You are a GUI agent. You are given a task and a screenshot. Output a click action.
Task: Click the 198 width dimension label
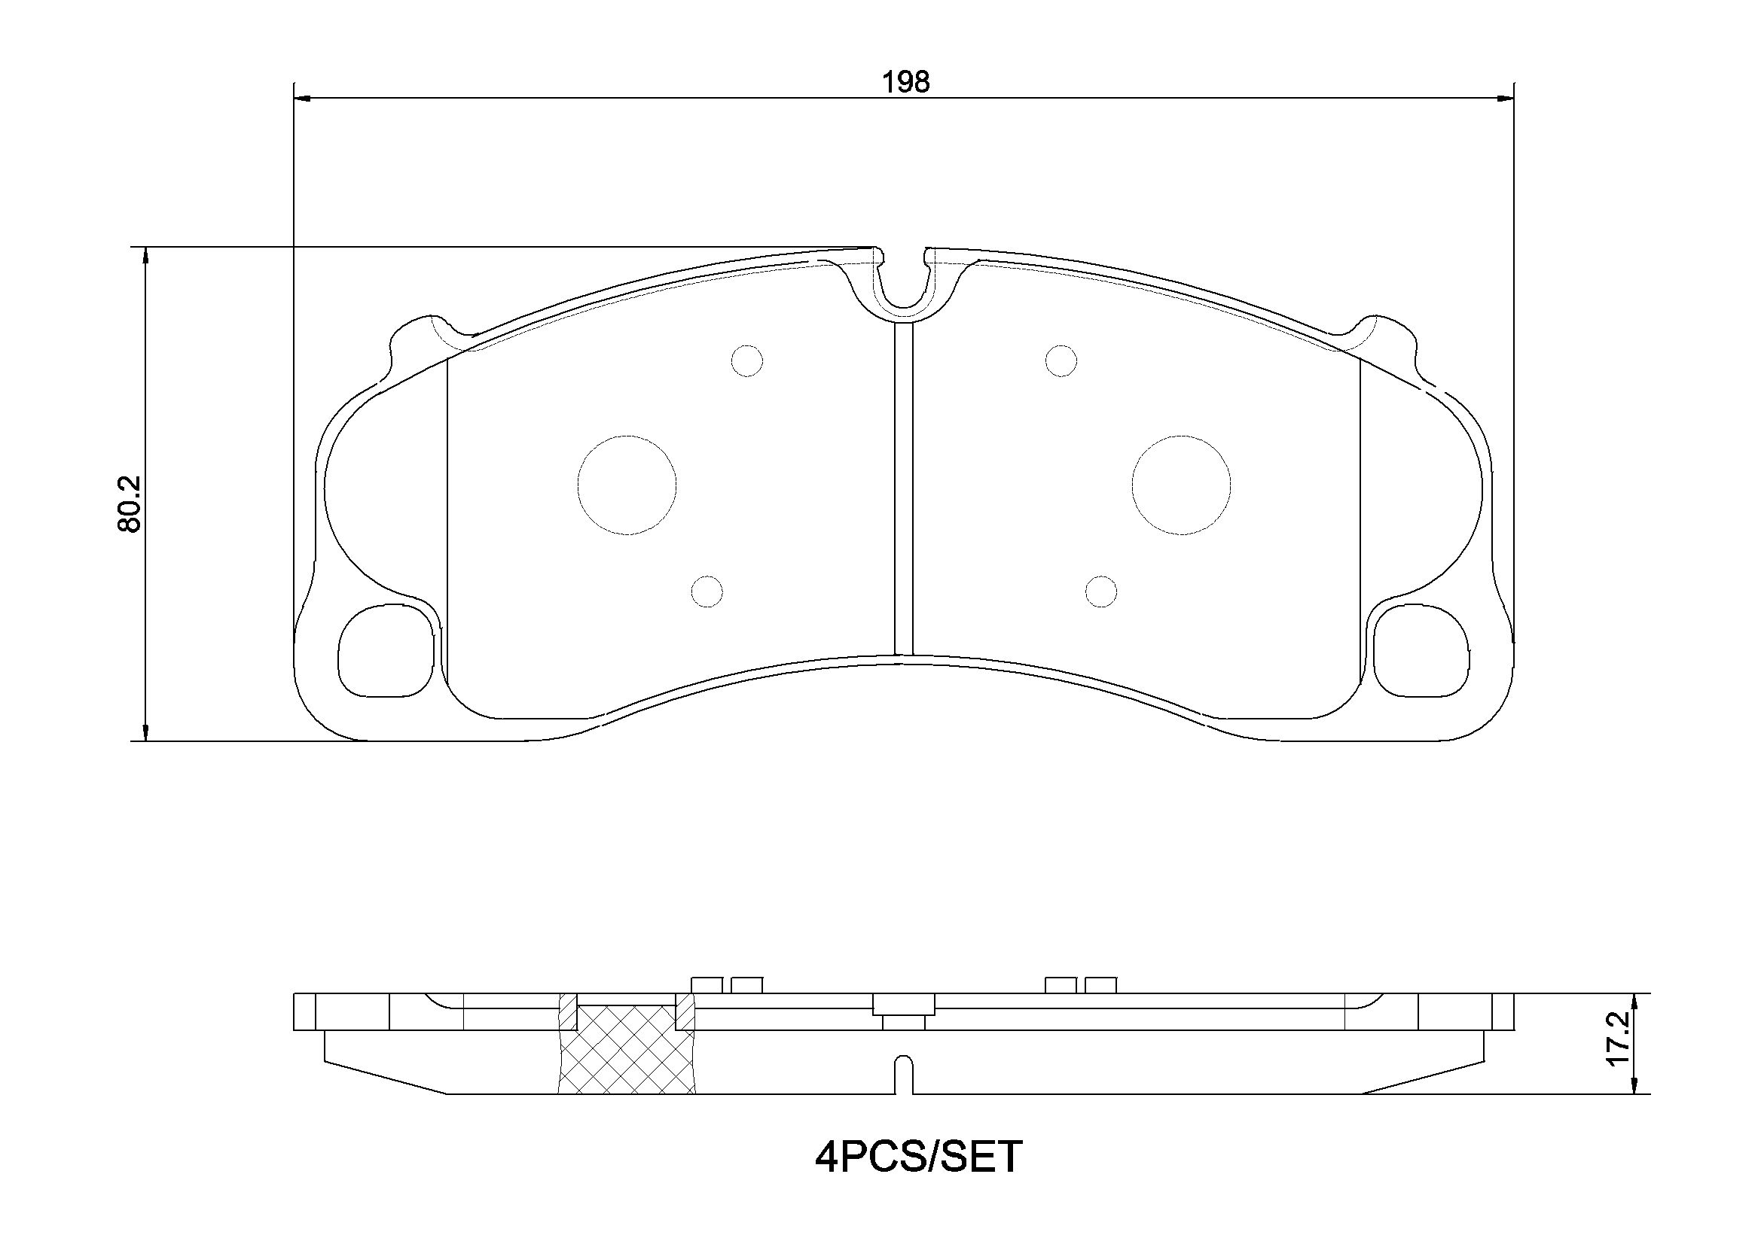coord(905,82)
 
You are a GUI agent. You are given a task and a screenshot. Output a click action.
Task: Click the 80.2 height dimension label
coord(130,503)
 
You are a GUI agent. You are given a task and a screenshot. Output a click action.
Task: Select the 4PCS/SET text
coord(918,1178)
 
